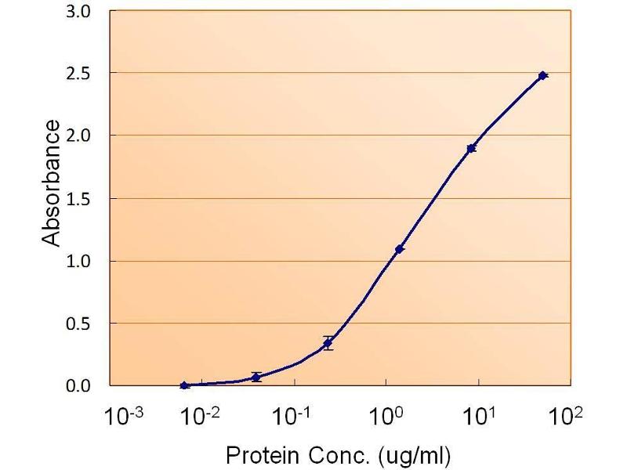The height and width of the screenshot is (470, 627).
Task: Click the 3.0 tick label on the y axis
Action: point(81,12)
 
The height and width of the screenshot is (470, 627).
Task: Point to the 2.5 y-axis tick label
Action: point(81,74)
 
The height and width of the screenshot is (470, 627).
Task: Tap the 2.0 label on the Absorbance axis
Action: point(81,136)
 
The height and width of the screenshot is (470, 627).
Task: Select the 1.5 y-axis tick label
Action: point(81,199)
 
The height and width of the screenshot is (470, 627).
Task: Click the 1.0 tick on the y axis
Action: point(81,261)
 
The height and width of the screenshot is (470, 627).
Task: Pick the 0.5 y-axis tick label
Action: point(81,324)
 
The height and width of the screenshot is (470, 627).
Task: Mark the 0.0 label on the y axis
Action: point(81,386)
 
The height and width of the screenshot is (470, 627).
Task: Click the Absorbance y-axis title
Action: point(52,183)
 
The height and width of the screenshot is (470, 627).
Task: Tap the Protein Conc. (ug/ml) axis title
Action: point(339,454)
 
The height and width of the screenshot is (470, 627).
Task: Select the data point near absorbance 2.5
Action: point(542,75)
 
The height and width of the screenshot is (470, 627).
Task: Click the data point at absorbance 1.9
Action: point(471,148)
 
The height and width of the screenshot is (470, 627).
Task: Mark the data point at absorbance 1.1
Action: point(400,249)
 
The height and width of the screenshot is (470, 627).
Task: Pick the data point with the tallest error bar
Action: point(328,343)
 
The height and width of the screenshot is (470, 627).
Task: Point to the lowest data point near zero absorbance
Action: point(184,385)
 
